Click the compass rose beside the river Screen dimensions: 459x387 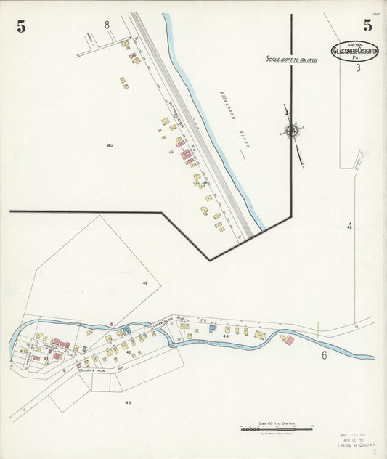coord(292,131)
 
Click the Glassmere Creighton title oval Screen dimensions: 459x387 coord(356,50)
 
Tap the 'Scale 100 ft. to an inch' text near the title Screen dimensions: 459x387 coord(290,60)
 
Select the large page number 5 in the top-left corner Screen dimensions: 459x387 coord(21,28)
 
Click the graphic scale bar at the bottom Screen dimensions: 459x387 coord(276,429)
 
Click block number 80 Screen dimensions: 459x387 coord(110,146)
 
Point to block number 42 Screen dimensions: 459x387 coord(145,283)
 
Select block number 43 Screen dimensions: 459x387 coord(128,402)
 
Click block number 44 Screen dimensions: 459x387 coord(227,337)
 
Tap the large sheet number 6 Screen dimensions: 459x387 coord(324,355)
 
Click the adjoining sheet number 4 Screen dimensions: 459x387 coord(349,227)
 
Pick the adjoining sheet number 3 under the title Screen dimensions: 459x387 coord(358,68)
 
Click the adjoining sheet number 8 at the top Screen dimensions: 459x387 coord(107,25)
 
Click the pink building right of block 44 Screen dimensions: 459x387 coord(288,340)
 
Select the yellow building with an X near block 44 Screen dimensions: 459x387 coord(260,335)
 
